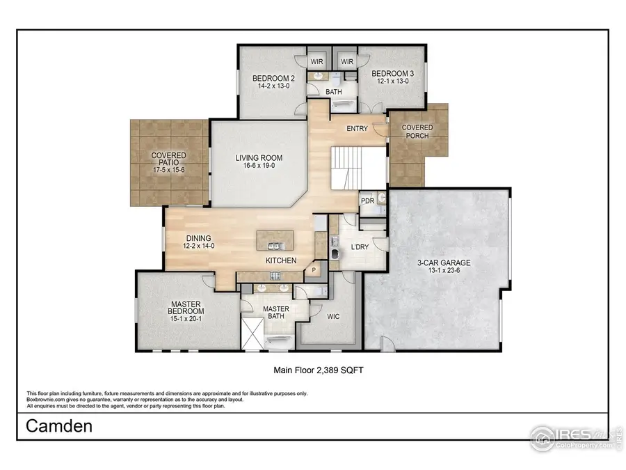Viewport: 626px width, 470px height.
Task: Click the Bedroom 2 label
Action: tap(273, 79)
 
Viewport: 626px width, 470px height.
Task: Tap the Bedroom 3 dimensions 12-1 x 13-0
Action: tap(392, 82)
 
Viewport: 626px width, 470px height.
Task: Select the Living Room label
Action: tap(257, 158)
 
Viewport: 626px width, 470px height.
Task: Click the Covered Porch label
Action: tap(417, 132)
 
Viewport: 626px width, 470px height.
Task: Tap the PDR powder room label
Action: tap(367, 201)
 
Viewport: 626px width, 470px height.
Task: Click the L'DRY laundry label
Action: tap(360, 247)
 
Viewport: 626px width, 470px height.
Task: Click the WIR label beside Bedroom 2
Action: tap(317, 61)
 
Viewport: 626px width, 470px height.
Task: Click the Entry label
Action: tap(357, 128)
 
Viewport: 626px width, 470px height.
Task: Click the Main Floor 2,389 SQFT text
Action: tap(319, 371)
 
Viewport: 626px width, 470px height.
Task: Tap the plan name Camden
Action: tap(59, 426)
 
